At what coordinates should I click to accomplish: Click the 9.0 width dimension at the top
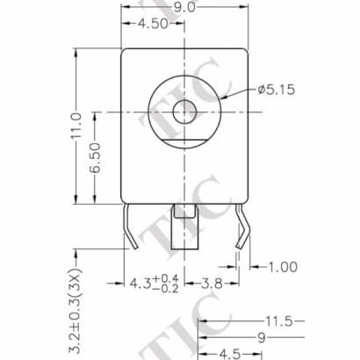coord(183,7)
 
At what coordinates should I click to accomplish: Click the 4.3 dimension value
coord(140,284)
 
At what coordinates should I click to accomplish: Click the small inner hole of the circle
coord(184,111)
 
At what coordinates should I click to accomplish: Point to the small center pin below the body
coord(184,212)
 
